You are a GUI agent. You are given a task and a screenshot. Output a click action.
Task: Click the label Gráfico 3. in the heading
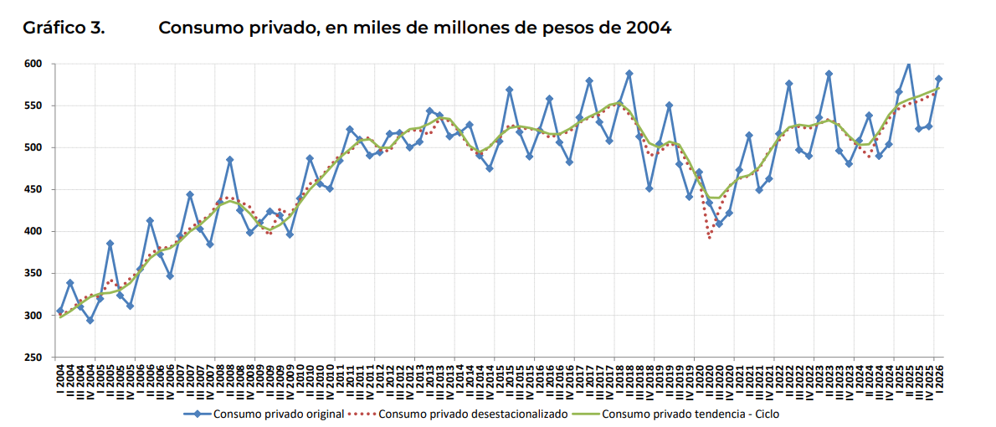(64, 28)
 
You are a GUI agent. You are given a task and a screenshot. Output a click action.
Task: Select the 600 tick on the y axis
(33, 64)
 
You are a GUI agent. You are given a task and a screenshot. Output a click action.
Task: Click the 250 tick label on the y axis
(33, 358)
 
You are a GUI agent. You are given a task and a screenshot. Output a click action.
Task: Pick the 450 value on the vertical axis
(33, 189)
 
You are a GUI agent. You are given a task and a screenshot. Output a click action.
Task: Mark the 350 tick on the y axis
(33, 273)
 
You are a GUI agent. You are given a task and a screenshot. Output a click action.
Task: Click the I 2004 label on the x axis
(59, 380)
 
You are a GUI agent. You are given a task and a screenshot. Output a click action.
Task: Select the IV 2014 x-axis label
(489, 380)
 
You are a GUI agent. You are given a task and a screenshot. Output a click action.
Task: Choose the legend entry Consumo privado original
(264, 414)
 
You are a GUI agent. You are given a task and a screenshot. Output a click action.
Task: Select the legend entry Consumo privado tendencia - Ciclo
(675, 414)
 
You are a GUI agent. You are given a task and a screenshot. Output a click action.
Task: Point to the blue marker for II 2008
(229, 159)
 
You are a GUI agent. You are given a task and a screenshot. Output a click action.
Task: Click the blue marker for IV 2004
(90, 320)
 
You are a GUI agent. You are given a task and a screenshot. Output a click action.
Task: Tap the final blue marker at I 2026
(938, 79)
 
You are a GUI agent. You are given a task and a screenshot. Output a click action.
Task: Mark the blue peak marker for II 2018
(629, 74)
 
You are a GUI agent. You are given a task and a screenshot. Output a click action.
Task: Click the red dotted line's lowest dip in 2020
(709, 238)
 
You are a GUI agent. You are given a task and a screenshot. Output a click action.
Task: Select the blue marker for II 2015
(510, 90)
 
